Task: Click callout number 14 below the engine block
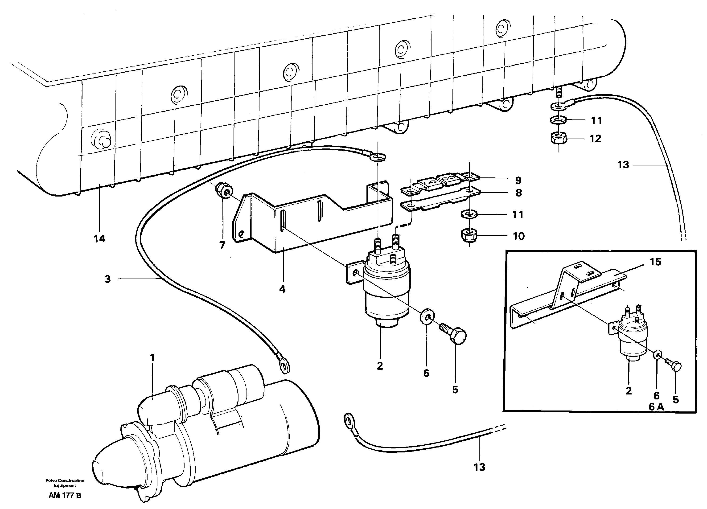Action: (x=99, y=239)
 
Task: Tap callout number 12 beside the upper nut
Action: (x=595, y=139)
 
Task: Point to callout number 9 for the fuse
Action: (x=518, y=181)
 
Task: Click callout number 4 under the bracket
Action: (x=282, y=290)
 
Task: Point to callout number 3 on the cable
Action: (x=107, y=279)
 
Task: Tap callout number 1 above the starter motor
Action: (x=152, y=358)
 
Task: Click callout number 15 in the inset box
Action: (x=655, y=262)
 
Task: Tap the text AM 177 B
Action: (x=65, y=496)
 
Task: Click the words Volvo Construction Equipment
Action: (x=65, y=483)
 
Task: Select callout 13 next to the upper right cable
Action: (x=623, y=165)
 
